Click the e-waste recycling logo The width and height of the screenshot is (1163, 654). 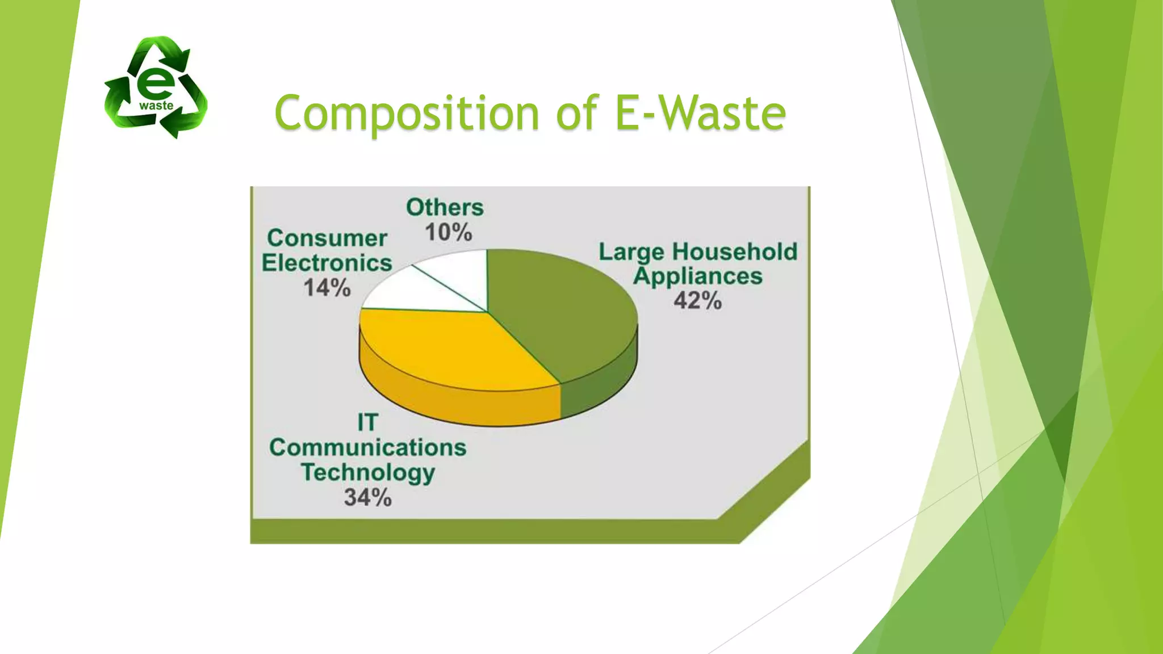[x=156, y=87]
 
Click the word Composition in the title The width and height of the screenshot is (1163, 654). [x=406, y=114]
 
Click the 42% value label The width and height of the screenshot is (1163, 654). [x=697, y=301]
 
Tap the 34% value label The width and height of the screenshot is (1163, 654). [x=367, y=498]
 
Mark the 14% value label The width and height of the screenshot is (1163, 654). [x=327, y=288]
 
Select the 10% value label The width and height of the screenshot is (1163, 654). [x=448, y=233]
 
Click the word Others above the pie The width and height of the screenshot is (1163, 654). [x=445, y=208]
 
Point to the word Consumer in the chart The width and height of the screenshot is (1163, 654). [x=327, y=238]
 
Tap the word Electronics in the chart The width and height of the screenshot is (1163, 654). [x=327, y=263]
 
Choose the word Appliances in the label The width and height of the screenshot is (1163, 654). [x=697, y=277]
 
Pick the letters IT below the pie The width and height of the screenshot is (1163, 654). [x=367, y=423]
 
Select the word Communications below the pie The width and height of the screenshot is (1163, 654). [x=367, y=448]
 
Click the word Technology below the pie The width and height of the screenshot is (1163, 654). [x=367, y=473]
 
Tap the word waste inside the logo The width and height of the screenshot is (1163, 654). [x=156, y=106]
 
